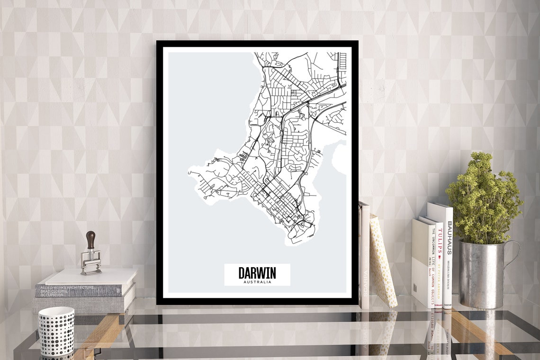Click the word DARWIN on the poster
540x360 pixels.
click(x=257, y=273)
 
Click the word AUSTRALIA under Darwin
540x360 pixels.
click(x=257, y=282)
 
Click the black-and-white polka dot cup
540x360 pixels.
click(x=56, y=331)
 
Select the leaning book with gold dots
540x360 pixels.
click(x=382, y=261)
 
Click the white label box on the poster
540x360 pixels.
click(x=257, y=275)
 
